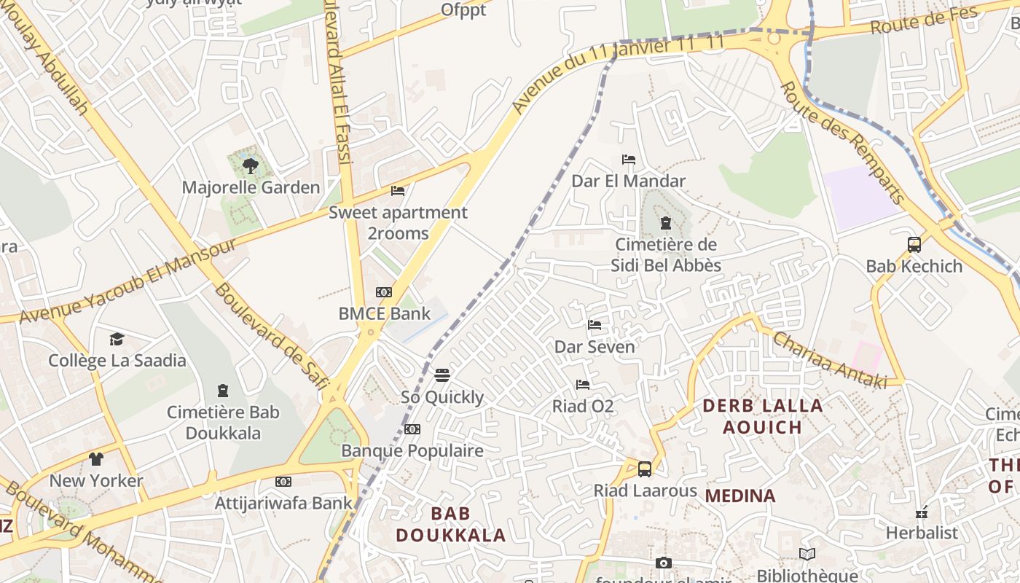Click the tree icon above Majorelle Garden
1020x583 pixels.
(x=250, y=166)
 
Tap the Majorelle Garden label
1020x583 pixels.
(x=251, y=187)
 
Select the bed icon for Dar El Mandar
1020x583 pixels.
(x=628, y=160)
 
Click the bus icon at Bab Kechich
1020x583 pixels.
(x=914, y=245)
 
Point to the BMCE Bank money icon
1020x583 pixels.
(x=383, y=292)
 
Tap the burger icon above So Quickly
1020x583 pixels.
(x=442, y=375)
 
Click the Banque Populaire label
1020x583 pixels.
(x=412, y=450)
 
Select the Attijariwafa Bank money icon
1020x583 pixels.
(x=283, y=482)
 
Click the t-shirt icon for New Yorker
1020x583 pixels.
(x=96, y=459)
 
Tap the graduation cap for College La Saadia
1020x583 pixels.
(x=117, y=339)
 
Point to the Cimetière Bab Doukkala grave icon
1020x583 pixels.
(x=223, y=391)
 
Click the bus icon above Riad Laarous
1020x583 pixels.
(x=644, y=469)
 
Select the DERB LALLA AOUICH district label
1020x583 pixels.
(x=762, y=416)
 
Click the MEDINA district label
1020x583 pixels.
(x=740, y=496)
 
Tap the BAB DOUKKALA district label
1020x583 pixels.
(x=450, y=524)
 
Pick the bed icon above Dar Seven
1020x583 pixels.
(x=595, y=325)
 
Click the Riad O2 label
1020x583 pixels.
(x=582, y=406)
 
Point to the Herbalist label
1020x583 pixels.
(x=922, y=533)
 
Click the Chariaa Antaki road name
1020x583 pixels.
(x=828, y=360)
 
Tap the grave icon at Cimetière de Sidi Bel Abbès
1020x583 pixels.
(x=664, y=223)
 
